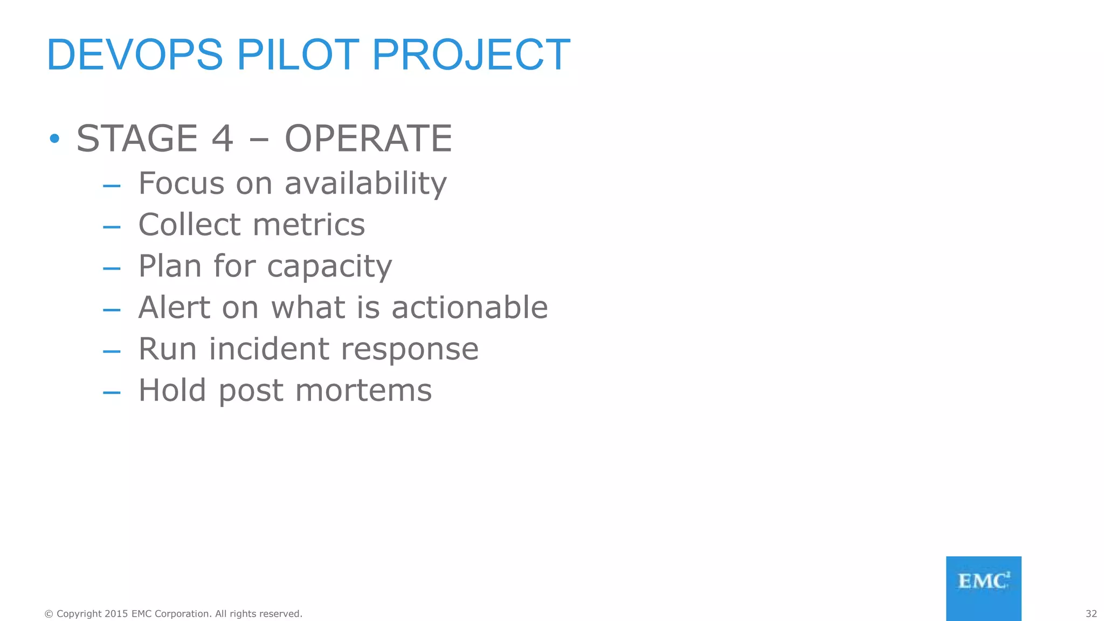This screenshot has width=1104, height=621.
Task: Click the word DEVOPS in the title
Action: point(135,55)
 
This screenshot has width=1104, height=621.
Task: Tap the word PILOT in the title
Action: point(298,55)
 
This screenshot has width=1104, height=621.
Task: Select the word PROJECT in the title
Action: point(471,55)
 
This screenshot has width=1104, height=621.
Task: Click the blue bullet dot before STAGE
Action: point(54,139)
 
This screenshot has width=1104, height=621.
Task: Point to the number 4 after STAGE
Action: point(222,139)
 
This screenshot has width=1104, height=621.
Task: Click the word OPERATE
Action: point(368,139)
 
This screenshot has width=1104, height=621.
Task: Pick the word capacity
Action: point(329,266)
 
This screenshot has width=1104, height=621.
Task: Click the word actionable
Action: point(470,307)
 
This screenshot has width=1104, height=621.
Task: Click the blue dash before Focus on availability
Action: point(112,186)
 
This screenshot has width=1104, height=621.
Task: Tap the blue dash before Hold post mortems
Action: point(112,393)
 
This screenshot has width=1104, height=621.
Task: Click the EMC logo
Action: point(983,588)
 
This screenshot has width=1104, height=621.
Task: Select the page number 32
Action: point(1091,613)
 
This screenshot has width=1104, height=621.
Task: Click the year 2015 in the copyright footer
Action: point(116,613)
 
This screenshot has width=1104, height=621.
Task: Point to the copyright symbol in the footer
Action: point(49,613)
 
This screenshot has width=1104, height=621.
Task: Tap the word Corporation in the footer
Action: point(182,613)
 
